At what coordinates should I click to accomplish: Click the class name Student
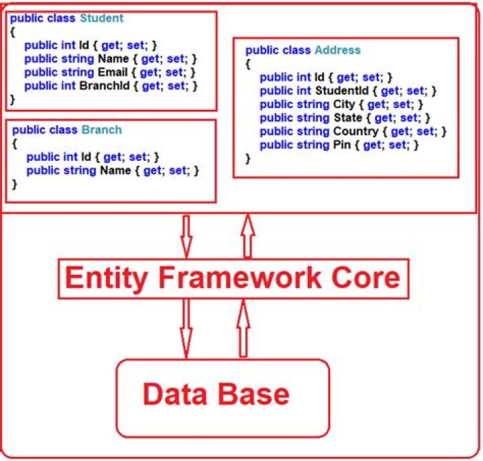(101, 19)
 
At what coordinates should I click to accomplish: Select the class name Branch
(101, 130)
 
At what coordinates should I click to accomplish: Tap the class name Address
(337, 50)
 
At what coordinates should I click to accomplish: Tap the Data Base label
(216, 393)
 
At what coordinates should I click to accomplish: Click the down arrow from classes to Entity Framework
(186, 237)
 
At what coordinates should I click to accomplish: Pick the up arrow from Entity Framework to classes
(247, 236)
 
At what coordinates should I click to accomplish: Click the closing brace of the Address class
(248, 159)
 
